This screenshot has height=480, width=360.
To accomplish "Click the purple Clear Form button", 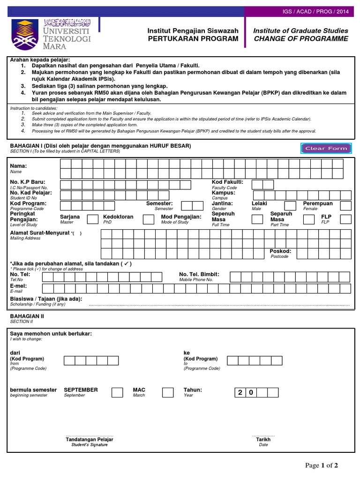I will tap(326, 148).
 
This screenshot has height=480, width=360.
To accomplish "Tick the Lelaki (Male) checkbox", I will tap(290, 206).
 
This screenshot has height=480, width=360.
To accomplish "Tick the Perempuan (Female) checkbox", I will tap(345, 206).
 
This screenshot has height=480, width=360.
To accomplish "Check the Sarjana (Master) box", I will tap(93, 219).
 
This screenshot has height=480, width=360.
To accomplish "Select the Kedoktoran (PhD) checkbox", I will tap(148, 219).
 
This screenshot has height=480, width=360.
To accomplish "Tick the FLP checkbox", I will tap(345, 219).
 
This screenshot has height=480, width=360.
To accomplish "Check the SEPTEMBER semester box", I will tap(117, 392).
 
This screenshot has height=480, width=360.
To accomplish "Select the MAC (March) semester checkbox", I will tap(167, 392).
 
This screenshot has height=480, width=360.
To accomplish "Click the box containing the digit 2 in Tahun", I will tap(240, 392).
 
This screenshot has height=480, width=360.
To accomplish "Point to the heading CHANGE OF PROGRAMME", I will tap(301, 38).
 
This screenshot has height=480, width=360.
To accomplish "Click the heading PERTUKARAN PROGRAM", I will tap(193, 38).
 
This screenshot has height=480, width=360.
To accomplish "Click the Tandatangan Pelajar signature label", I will tap(90, 440).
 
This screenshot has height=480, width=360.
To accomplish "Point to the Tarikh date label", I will tap(263, 440).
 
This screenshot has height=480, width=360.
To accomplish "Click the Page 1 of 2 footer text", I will tap(321, 465).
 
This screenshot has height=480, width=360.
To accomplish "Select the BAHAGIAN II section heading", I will tap(27, 316).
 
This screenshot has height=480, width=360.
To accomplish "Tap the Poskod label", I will tap(280, 251).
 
